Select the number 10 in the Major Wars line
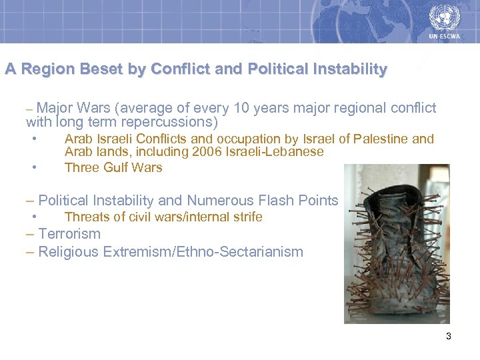pyautogui.click(x=255, y=108)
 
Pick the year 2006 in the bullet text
pyautogui.click(x=204, y=152)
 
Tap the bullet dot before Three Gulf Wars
pyautogui.click(x=33, y=167)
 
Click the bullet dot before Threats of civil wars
pyautogui.click(x=33, y=217)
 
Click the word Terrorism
pyautogui.click(x=69, y=234)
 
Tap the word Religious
pyautogui.click(x=65, y=252)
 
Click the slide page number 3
pyautogui.click(x=449, y=336)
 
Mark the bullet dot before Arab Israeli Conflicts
pyautogui.click(x=33, y=139)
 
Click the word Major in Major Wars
pyautogui.click(x=55, y=108)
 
